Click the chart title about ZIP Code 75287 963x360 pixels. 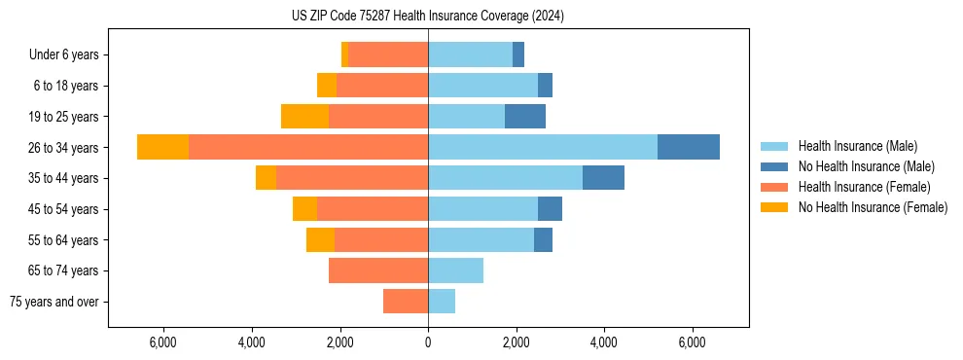(427, 17)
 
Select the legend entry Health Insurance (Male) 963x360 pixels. (857, 146)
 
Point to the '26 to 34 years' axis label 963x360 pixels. (64, 148)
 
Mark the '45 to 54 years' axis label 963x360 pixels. (64, 209)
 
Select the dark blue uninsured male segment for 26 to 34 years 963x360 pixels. (688, 147)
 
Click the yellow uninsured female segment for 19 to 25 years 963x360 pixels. (304, 116)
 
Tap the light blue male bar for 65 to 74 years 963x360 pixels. (455, 270)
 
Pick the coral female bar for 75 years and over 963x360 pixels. (406, 302)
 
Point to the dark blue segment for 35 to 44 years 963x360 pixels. (603, 178)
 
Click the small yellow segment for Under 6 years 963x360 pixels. (344, 54)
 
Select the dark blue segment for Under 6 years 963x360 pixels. (518, 54)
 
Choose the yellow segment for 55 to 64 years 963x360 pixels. (320, 239)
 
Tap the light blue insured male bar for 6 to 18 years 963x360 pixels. (482, 86)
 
